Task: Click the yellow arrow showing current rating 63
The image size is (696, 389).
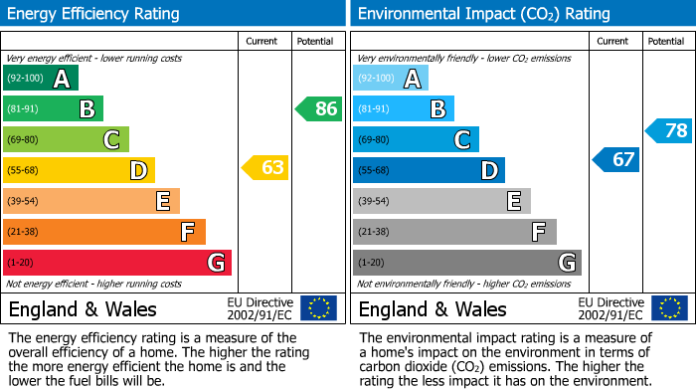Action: [x=265, y=168]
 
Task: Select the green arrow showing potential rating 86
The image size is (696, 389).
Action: [x=319, y=108]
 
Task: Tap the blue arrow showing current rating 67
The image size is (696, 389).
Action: [x=616, y=159]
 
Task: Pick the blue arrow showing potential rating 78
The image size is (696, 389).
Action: [x=669, y=130]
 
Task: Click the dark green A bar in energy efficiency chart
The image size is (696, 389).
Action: [x=41, y=79]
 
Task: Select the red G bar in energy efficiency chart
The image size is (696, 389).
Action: [x=117, y=263]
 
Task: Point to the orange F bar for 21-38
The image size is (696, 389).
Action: [x=104, y=232]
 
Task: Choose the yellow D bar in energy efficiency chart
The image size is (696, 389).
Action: [x=79, y=170]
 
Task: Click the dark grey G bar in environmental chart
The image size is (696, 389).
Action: [x=467, y=263]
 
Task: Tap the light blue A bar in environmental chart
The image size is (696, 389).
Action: [x=391, y=79]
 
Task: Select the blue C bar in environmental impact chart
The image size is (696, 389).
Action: [x=416, y=139]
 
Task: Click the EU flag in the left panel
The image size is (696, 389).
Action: [x=319, y=308]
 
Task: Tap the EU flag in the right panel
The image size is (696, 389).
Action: [x=669, y=308]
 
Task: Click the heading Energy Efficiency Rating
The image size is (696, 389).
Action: [x=93, y=14]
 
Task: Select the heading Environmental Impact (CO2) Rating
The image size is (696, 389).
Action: [x=483, y=14]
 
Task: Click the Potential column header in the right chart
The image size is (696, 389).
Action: [x=666, y=41]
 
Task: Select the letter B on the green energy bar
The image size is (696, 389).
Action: [x=87, y=109]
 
